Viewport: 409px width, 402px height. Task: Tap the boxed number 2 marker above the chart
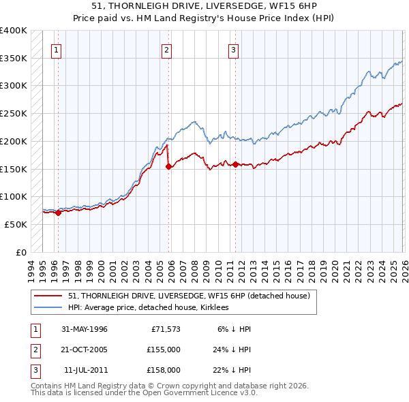tap(166, 49)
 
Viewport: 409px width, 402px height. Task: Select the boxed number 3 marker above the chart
tap(233, 49)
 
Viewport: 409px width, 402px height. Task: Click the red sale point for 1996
tap(58, 213)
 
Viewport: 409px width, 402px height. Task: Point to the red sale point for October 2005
tap(168, 166)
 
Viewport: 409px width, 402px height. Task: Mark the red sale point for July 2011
tap(235, 164)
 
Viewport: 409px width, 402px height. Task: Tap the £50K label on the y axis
tap(16, 224)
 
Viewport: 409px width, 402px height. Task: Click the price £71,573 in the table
tap(165, 329)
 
